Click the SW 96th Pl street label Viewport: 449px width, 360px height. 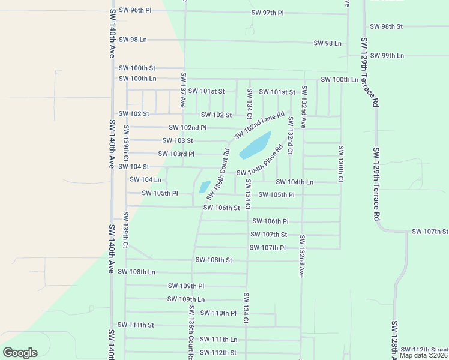135,10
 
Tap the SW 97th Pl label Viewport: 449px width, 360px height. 267,13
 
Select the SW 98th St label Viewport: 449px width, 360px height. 386,26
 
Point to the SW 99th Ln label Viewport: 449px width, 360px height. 387,55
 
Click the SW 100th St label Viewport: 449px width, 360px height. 137,68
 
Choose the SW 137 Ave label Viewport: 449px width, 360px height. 184,90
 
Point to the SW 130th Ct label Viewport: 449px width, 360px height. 340,164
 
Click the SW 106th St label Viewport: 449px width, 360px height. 221,208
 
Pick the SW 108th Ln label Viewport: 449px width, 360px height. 137,272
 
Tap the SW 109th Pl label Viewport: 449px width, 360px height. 186,286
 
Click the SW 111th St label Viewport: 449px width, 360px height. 136,325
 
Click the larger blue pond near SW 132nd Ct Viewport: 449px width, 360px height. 255,146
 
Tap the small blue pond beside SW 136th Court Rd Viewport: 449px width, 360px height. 205,187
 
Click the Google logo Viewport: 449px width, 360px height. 20,353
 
